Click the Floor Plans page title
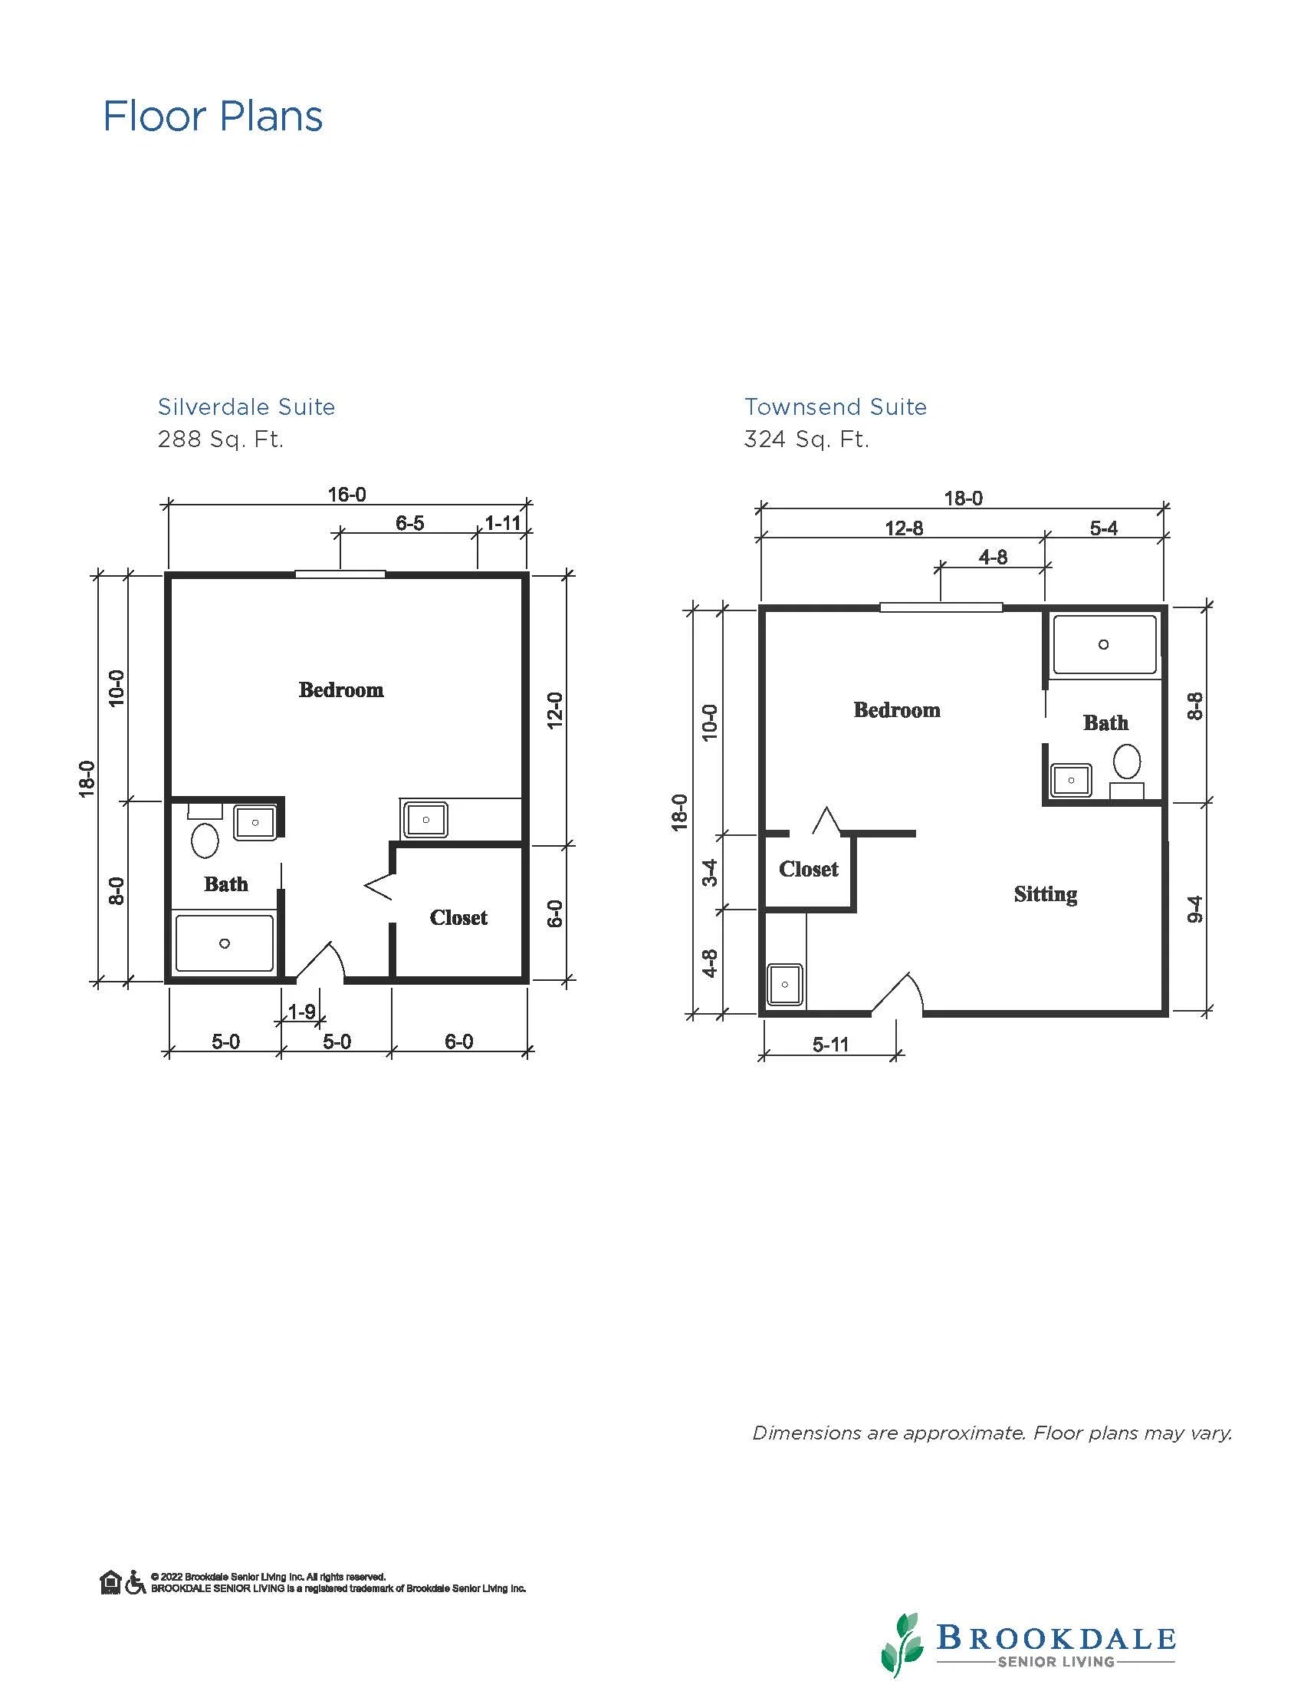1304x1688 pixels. coord(213,117)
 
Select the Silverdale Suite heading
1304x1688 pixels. coord(246,406)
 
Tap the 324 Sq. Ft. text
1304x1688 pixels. coord(806,439)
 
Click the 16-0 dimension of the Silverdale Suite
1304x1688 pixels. coord(347,494)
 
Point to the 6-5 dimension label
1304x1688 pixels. coord(410,523)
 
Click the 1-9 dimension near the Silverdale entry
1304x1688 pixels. coord(301,1011)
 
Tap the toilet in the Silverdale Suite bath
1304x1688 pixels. coord(205,839)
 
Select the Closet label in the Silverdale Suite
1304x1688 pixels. coord(459,917)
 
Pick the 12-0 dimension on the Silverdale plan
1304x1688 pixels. coord(555,710)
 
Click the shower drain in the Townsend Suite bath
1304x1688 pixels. coord(1104,644)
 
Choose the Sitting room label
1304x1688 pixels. coord(1046,894)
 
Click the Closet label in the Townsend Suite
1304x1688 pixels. coord(809,869)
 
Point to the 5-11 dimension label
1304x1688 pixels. coord(830,1045)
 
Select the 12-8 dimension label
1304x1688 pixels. coord(904,528)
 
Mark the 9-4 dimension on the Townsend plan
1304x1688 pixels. coord(1194,909)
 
